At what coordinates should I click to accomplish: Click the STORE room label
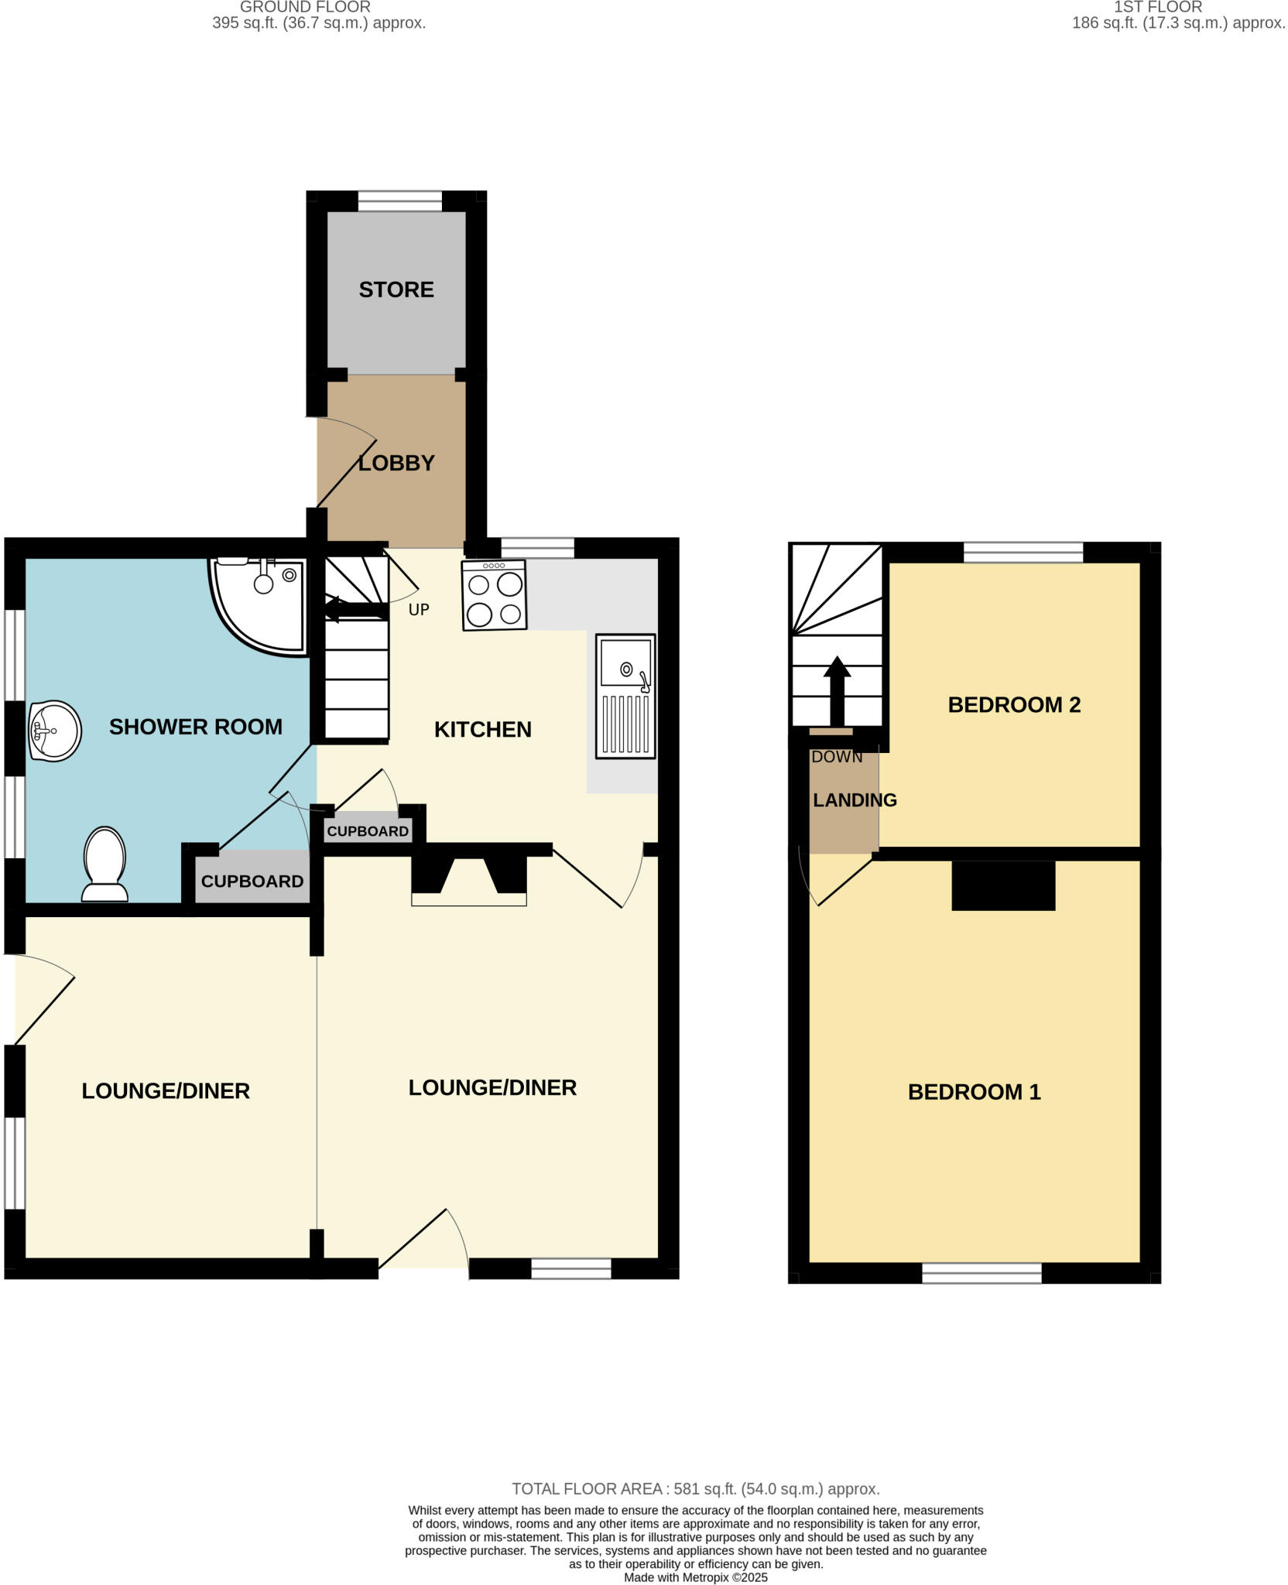click(x=396, y=289)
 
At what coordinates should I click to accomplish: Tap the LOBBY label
click(x=396, y=463)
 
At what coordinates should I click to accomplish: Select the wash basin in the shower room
click(x=55, y=731)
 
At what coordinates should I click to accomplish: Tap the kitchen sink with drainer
click(x=625, y=696)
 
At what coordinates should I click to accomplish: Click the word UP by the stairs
click(x=419, y=610)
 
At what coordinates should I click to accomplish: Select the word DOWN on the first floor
click(x=837, y=757)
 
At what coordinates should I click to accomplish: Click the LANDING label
click(x=855, y=800)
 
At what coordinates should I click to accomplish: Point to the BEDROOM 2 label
click(x=1014, y=705)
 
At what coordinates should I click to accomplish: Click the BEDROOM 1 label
click(x=974, y=1092)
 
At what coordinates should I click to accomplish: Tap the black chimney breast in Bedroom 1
click(x=1003, y=885)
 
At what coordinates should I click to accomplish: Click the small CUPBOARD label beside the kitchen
click(x=368, y=831)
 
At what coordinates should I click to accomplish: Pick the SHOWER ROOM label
click(x=196, y=727)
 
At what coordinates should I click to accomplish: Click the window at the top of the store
click(x=400, y=201)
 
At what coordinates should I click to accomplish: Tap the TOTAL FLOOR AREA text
click(x=695, y=1489)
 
